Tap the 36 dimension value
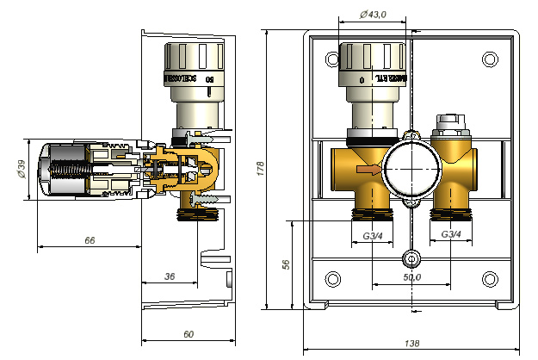click(x=169, y=276)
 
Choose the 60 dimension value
click(x=189, y=333)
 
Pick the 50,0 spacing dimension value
click(x=411, y=276)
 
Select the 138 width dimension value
click(x=411, y=343)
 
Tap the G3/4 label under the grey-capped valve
click(x=452, y=235)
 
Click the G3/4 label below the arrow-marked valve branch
click(x=371, y=235)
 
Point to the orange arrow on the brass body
click(x=368, y=170)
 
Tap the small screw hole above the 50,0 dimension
click(x=412, y=258)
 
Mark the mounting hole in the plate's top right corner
click(x=491, y=59)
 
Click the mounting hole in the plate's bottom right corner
click(x=491, y=278)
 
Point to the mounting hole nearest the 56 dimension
click(x=332, y=278)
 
